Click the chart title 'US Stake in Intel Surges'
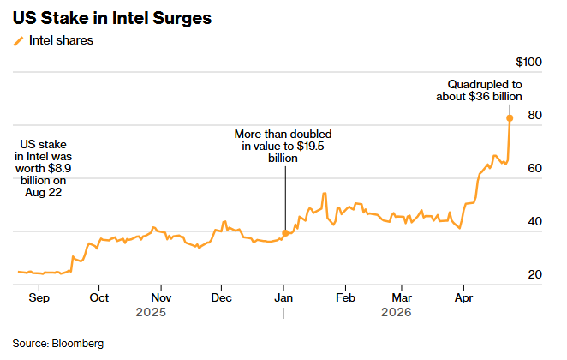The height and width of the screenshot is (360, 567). pyautogui.click(x=112, y=17)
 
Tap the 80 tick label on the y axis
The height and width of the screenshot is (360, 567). pyautogui.click(x=534, y=116)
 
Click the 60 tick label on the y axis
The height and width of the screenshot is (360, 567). pyautogui.click(x=534, y=169)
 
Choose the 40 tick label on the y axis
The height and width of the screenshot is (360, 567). pyautogui.click(x=534, y=222)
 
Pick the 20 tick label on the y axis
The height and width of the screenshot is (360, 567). pyautogui.click(x=534, y=275)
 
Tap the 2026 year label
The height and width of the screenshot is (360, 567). pyautogui.click(x=396, y=313)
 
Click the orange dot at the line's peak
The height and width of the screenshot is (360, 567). pyautogui.click(x=510, y=118)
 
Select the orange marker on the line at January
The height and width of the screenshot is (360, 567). pyautogui.click(x=285, y=233)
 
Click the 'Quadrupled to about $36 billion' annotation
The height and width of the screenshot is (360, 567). pyautogui.click(x=484, y=90)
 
